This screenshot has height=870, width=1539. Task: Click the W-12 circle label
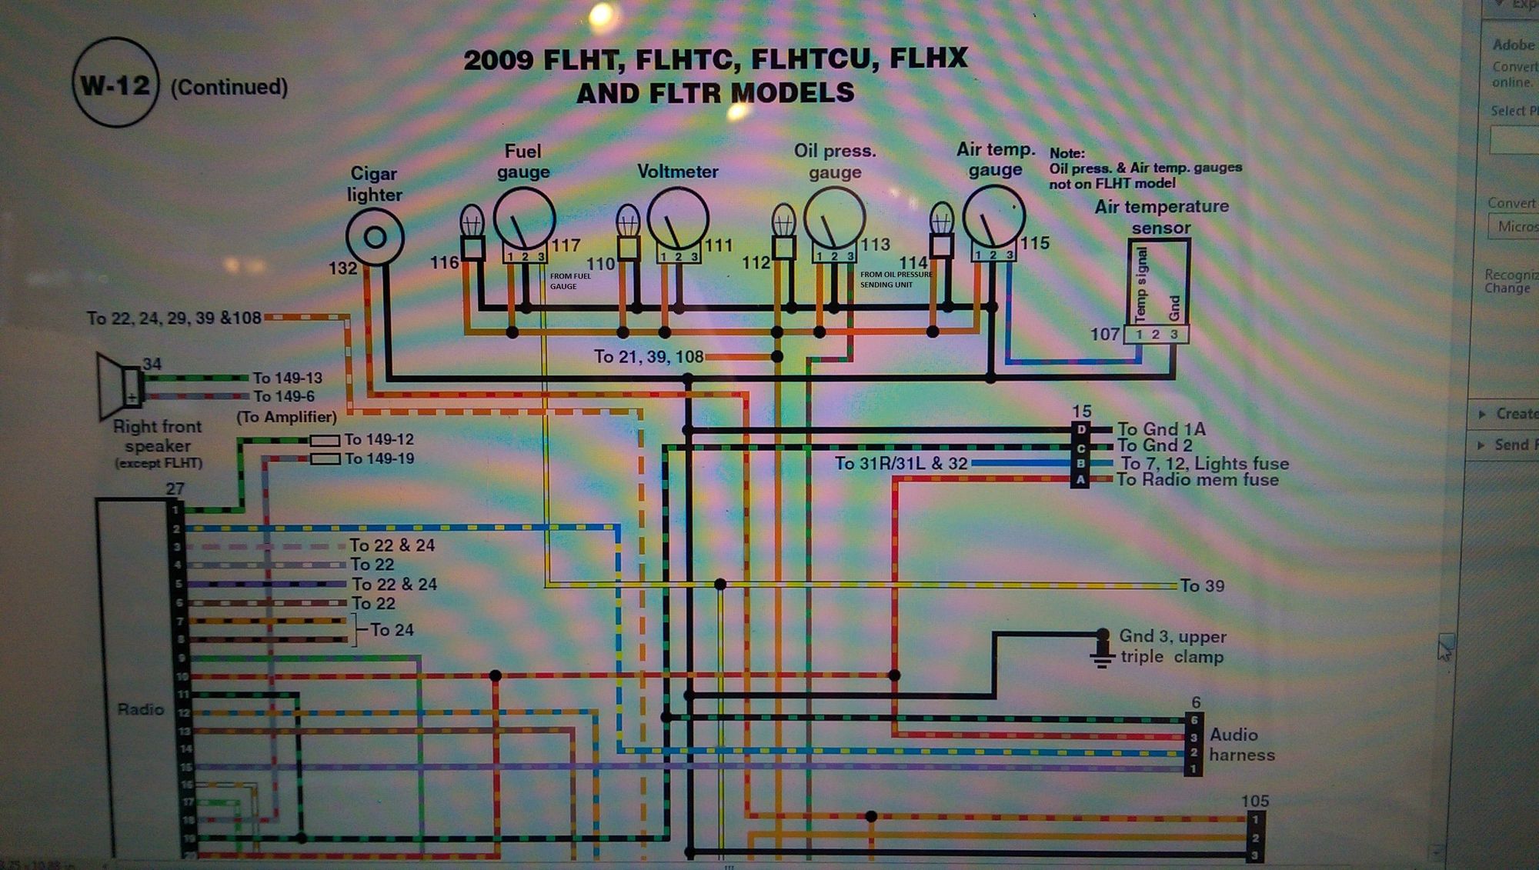pos(115,84)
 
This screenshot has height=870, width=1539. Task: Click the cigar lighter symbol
pos(375,238)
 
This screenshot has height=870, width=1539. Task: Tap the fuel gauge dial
pos(524,218)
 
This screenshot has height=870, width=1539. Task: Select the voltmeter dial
pos(678,218)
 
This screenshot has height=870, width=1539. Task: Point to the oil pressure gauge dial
pos(835,218)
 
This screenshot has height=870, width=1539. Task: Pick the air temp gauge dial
pos(994,216)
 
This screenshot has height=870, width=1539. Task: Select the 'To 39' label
pos(1202,586)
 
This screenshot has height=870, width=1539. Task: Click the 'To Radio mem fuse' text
pos(1197,480)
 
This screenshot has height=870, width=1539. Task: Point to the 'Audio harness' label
pos(1241,745)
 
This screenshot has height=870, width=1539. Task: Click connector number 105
pos(1255,801)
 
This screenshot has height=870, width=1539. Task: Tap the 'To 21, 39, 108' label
pos(648,357)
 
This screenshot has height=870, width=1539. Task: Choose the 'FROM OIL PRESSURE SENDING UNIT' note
pos(896,279)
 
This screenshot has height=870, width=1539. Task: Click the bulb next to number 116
pos(472,224)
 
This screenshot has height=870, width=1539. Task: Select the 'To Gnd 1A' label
pos(1161,429)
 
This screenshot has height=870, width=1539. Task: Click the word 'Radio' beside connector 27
pos(141,709)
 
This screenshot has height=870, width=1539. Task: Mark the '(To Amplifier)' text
pos(286,417)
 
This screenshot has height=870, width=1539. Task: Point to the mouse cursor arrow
pos(1445,651)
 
